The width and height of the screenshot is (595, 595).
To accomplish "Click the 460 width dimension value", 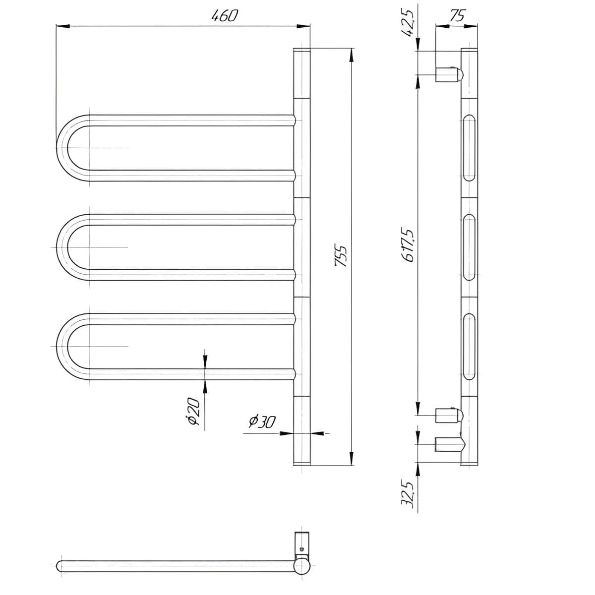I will pos(225,16).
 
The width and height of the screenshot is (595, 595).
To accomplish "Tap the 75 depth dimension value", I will pos(457,15).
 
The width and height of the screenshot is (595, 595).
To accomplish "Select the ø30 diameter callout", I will pos(261,421).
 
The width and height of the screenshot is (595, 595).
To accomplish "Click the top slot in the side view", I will pos(469,147).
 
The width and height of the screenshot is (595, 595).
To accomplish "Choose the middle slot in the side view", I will pos(469,247).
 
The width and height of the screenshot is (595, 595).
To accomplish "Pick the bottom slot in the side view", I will pos(469,346).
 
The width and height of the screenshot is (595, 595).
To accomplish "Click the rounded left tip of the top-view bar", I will pos(59,565).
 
